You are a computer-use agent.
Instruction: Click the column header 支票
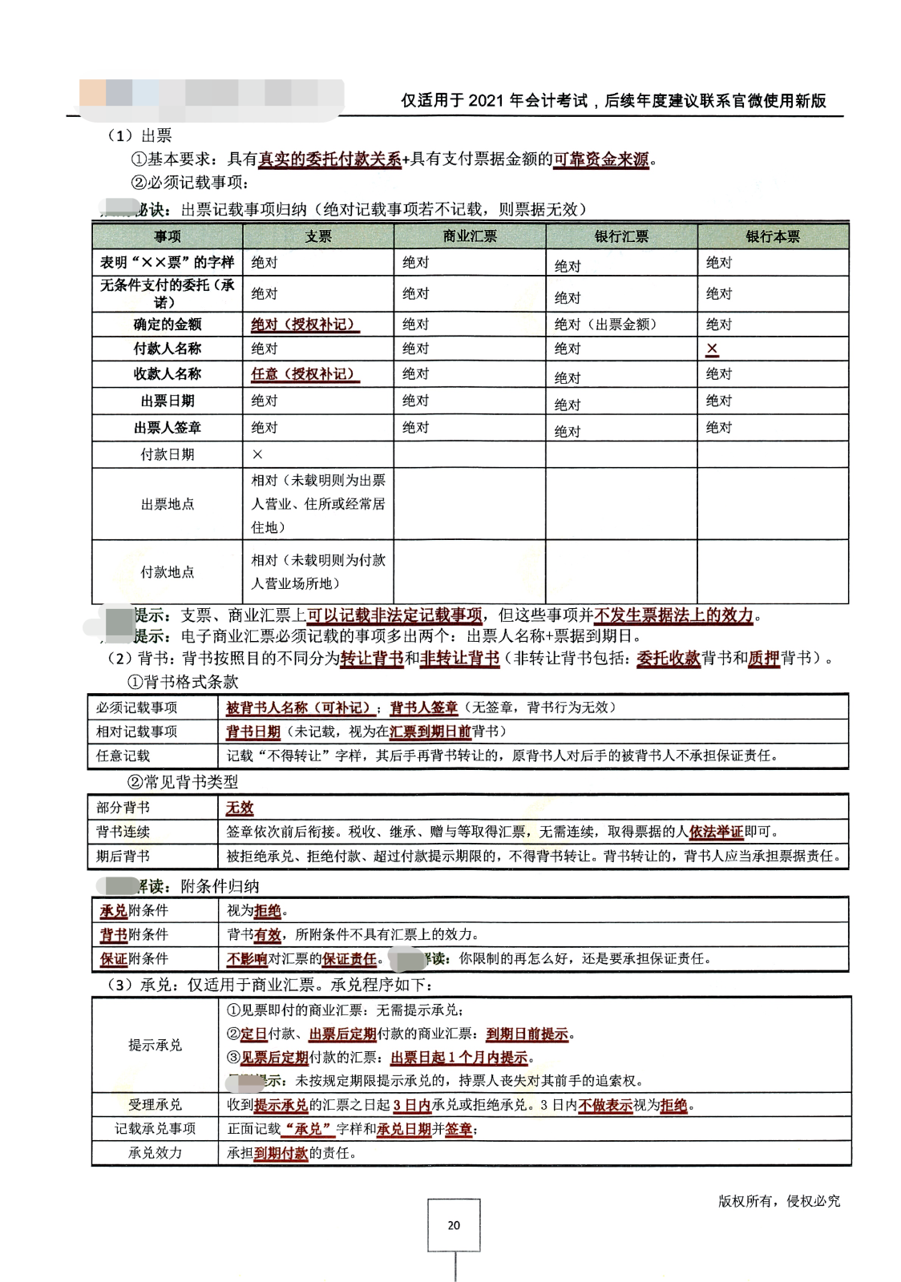[x=318, y=236]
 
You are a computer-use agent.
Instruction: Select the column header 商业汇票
[x=470, y=236]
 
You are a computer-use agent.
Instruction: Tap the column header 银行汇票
[x=621, y=236]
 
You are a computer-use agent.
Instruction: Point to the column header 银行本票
[x=773, y=236]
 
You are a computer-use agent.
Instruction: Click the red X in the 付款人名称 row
[x=712, y=349]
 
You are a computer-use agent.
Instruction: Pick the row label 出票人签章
[x=167, y=427]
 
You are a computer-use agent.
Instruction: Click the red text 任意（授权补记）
[x=303, y=374]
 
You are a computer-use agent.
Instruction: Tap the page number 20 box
[x=454, y=1224]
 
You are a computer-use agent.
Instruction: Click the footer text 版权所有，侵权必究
[x=778, y=1200]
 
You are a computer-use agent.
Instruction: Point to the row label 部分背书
[x=123, y=808]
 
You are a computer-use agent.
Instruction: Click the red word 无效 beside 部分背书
[x=240, y=808]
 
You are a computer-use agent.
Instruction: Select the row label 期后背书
[x=123, y=856]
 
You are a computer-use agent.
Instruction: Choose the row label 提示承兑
[x=155, y=1045]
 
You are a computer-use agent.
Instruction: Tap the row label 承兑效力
[x=155, y=1152]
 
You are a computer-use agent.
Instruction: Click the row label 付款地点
[x=167, y=571]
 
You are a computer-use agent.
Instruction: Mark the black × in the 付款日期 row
[x=257, y=454]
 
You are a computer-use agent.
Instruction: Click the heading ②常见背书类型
[x=183, y=781]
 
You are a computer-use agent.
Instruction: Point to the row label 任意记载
[x=123, y=756]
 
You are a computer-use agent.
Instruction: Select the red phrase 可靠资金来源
[x=601, y=159]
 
